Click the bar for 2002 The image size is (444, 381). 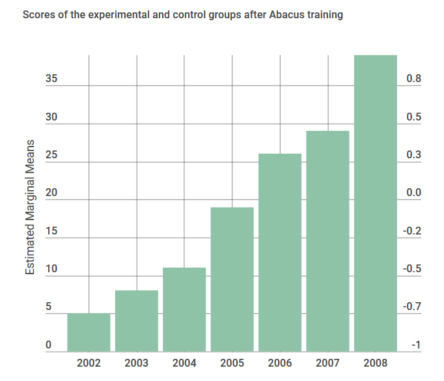coord(89,333)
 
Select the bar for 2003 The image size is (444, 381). coord(137,321)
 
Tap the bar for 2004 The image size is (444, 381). coord(184,310)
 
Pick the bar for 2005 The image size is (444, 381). coord(232,279)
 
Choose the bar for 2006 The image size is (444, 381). coord(280,253)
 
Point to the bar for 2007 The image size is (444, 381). coord(327,242)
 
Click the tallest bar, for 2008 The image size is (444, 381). coord(376,203)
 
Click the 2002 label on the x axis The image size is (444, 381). coord(89,363)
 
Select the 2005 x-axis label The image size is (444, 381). coord(232,363)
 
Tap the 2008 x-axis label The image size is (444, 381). coord(376,363)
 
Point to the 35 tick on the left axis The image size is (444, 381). coord(52,79)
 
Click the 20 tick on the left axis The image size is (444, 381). coord(52,193)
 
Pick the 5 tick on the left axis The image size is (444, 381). coord(48,307)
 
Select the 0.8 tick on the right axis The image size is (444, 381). coord(413,79)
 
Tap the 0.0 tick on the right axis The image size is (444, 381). coord(413,193)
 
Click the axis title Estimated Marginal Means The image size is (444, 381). coord(30,206)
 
